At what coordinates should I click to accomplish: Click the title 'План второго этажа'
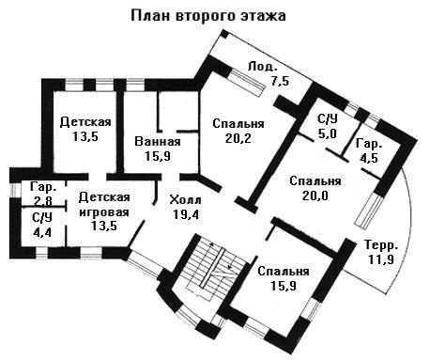point(208,16)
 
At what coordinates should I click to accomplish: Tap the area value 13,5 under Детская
point(85,136)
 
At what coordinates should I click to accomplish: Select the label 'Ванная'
point(158,142)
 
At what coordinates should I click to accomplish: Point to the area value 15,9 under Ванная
point(158,156)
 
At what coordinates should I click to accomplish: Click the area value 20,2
point(238,138)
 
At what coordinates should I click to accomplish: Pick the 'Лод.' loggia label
point(263,67)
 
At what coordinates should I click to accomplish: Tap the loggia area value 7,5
point(280,81)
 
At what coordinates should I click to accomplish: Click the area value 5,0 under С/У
point(328,133)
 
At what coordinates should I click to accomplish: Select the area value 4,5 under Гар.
point(369,158)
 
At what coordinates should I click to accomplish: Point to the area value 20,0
point(315,196)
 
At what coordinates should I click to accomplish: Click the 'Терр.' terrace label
point(381,245)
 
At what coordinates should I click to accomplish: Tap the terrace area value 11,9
point(380,259)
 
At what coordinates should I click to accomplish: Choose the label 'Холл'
point(185,200)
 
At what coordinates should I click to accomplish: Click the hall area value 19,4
point(186,214)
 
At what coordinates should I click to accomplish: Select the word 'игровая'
point(104,212)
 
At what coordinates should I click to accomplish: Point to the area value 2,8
point(43,201)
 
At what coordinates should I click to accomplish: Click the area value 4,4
point(42,232)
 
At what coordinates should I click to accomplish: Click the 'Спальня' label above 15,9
point(284,272)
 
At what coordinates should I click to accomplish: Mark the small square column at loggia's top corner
point(225,34)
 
